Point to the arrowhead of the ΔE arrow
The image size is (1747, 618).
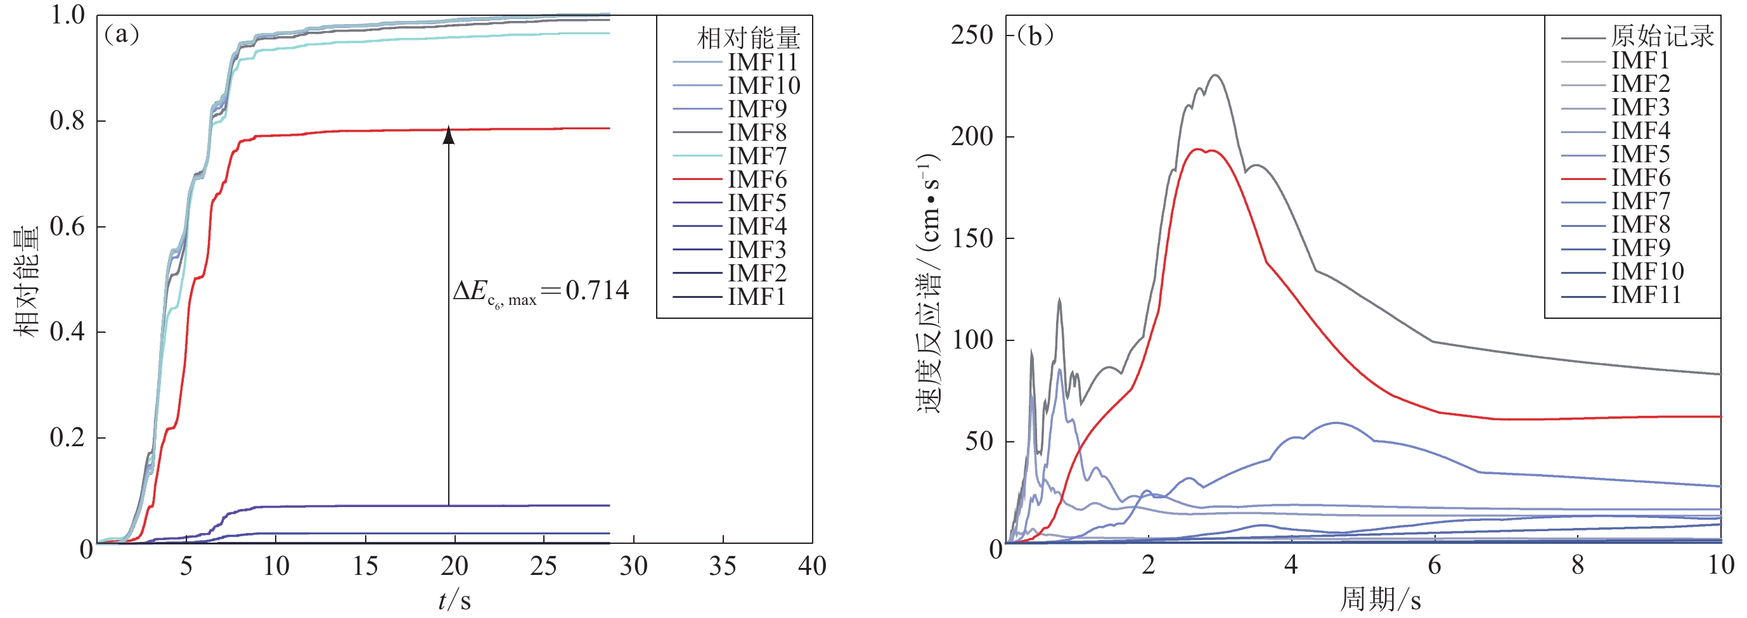coord(448,134)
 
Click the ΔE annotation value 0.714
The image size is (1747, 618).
coord(596,290)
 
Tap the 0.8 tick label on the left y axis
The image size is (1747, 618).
coord(67,121)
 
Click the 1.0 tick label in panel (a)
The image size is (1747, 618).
coord(67,15)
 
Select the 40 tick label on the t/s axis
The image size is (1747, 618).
coord(812,566)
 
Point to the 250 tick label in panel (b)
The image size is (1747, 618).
coord(972,35)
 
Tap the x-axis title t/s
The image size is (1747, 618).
coord(454,600)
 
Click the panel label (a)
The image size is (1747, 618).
coord(120,34)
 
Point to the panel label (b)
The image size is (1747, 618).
coord(1035,35)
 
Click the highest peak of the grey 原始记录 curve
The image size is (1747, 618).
coord(1216,75)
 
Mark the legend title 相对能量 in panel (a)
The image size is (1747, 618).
coord(748,38)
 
